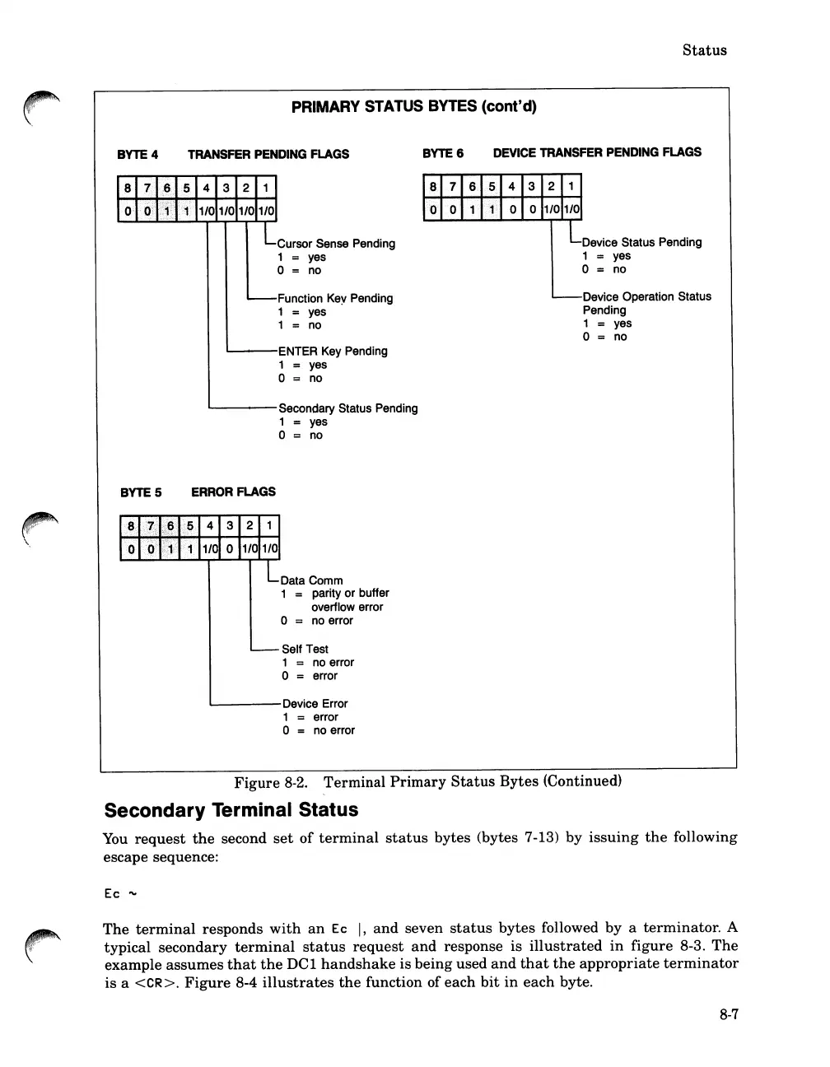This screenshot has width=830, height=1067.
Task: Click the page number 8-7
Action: pyautogui.click(x=728, y=1014)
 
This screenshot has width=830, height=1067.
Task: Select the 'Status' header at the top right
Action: pyautogui.click(x=704, y=50)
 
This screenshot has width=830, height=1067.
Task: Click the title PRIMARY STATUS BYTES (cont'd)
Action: pyautogui.click(x=414, y=106)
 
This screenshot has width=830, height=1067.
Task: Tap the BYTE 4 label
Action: pyautogui.click(x=138, y=154)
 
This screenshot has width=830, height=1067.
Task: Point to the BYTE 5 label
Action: pyautogui.click(x=141, y=492)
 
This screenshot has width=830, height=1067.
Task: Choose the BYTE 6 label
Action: pyautogui.click(x=443, y=152)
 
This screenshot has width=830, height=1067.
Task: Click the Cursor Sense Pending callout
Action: pyautogui.click(x=336, y=244)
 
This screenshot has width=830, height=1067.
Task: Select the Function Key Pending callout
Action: pyautogui.click(x=335, y=298)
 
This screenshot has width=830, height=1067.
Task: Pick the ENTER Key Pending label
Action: pyautogui.click(x=333, y=351)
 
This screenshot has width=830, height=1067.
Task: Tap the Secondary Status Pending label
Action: pyautogui.click(x=348, y=408)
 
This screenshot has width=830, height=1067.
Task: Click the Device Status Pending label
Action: pyautogui.click(x=641, y=242)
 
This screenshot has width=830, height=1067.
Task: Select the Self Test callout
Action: pyautogui.click(x=305, y=649)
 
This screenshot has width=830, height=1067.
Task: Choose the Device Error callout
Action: pyautogui.click(x=315, y=704)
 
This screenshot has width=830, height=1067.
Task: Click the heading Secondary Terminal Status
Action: pyautogui.click(x=231, y=810)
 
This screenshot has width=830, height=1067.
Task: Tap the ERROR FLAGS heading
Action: pyautogui.click(x=233, y=492)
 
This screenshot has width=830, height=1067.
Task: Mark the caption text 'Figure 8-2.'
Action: pyautogui.click(x=265, y=782)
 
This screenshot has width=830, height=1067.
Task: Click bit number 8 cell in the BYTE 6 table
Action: pyautogui.click(x=432, y=186)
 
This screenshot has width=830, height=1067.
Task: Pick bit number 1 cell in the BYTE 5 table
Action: pyautogui.click(x=269, y=525)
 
